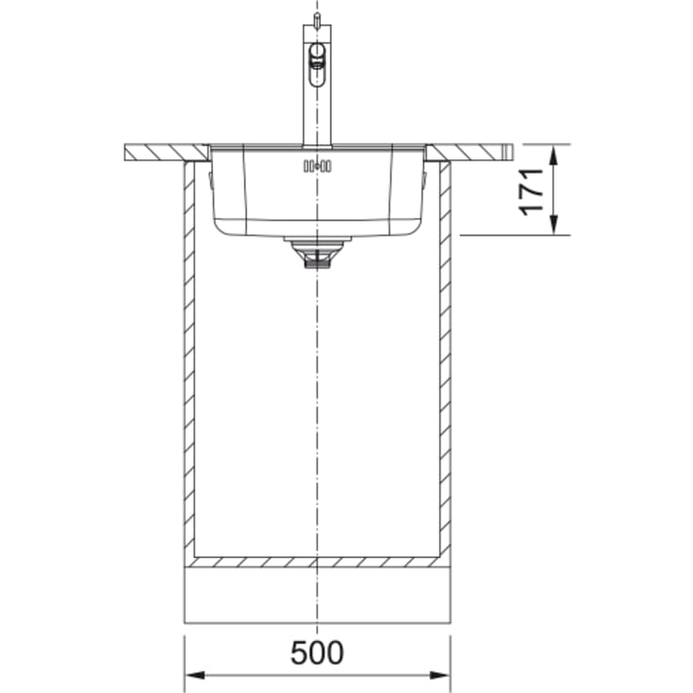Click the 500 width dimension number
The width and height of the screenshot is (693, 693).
point(317,652)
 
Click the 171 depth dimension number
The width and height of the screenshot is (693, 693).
point(532,191)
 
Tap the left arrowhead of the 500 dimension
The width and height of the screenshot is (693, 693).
point(195,675)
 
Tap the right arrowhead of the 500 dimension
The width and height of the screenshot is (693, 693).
point(439,675)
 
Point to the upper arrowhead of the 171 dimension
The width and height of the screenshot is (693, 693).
point(553,156)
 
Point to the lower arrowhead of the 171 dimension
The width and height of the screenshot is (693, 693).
point(553,224)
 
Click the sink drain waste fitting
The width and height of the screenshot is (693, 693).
point(317,252)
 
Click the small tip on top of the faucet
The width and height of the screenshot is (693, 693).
point(317,20)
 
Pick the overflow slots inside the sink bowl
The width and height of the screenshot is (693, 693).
point(318,166)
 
